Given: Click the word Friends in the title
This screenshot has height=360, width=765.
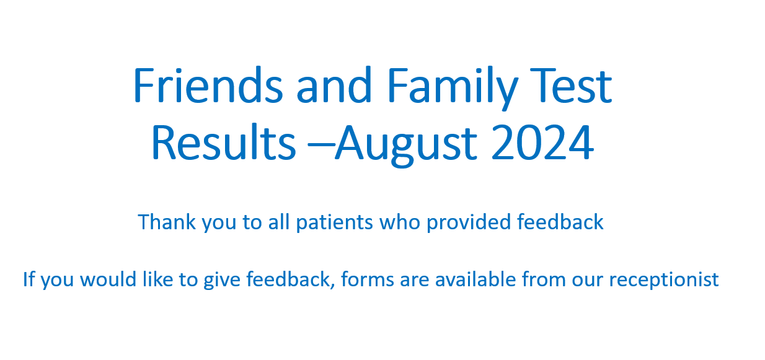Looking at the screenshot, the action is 208,84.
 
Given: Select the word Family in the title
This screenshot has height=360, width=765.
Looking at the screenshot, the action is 453,88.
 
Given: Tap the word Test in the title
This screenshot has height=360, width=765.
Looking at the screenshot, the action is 571,86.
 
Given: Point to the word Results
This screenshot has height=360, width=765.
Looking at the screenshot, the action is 224,142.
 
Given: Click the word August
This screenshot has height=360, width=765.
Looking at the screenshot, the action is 405,146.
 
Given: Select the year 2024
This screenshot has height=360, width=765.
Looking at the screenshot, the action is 542,142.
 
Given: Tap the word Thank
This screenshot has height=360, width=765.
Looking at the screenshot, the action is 167,222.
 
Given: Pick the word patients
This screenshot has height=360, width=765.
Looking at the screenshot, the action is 334,223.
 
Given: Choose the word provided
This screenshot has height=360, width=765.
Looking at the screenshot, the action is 469,223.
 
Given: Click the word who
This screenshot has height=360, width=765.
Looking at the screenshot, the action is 400,222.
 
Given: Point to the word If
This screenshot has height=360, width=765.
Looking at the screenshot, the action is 29,279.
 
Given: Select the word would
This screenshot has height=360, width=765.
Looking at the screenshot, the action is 108,279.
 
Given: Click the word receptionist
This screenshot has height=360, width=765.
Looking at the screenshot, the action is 664,281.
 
